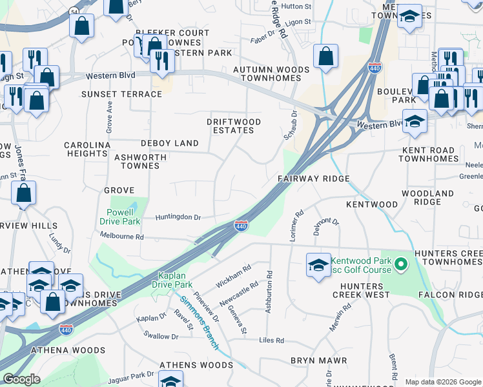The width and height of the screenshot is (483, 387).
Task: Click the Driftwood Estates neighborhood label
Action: pyautogui.click(x=234, y=126)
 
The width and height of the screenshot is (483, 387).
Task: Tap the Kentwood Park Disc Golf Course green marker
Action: pyautogui.click(x=400, y=264)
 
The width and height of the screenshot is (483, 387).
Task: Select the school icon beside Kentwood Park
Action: pyautogui.click(x=318, y=266)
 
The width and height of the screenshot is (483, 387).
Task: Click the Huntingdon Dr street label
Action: pyautogui.click(x=178, y=217)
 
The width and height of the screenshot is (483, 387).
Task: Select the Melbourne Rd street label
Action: pyautogui.click(x=121, y=237)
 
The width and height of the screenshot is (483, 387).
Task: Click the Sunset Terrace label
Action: pyautogui.click(x=121, y=94)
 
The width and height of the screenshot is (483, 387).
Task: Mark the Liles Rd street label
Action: pyautogui.click(x=271, y=340)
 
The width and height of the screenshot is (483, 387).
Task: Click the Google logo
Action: pyautogui.click(x=22, y=379)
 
